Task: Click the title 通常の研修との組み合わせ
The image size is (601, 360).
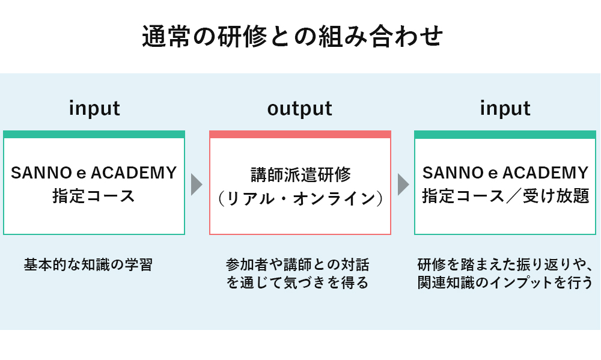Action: coord(292,37)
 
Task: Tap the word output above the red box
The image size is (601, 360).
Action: coord(300,109)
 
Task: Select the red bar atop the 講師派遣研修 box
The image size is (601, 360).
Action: coord(300,134)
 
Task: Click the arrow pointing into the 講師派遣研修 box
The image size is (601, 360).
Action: coord(197,185)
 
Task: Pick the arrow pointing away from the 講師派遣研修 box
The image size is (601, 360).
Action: coord(403,185)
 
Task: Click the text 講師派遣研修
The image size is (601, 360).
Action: coord(301,174)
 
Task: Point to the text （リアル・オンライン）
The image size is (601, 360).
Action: coord(300,198)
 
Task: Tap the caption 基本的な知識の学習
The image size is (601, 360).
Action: coord(88,265)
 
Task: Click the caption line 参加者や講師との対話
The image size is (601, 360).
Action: coord(297,265)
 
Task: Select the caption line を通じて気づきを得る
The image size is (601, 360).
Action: coord(297,282)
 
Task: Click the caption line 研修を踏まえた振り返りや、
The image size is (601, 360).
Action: coord(504,265)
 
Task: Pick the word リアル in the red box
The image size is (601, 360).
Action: coord(250,198)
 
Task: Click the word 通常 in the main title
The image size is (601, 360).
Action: coord(166,37)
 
